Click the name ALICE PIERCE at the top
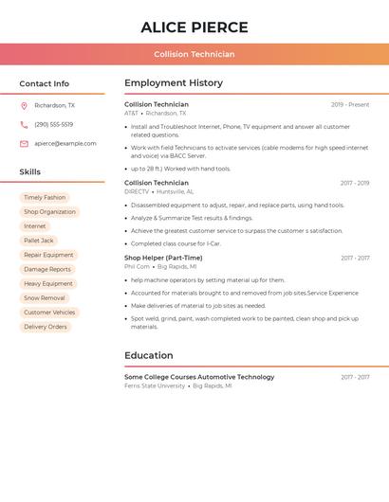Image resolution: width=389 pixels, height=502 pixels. pos(194,27)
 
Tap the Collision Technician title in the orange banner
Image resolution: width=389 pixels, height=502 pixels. pos(194,54)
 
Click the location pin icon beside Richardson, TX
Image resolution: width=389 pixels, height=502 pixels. pos(24,106)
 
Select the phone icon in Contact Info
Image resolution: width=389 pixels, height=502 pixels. pos(24,125)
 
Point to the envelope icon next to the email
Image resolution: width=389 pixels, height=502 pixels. pos(24,144)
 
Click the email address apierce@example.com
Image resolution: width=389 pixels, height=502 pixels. pos(65,144)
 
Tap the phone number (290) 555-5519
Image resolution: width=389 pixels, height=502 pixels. pos(53,125)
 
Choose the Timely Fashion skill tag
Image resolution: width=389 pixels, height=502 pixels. pos(45,198)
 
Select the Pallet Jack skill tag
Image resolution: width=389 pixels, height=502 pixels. pos(39,241)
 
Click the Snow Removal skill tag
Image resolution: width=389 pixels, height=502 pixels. pos(45,298)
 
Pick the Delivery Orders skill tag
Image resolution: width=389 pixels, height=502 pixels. pos(46,327)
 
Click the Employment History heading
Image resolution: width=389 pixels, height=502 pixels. pos(174,83)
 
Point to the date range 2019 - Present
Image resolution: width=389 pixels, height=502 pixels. pos(350,105)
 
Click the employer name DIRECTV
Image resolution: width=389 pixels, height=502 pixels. pos(137,191)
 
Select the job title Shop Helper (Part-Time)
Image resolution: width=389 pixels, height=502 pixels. pos(163,258)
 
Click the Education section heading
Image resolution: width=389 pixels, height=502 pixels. pos(149,356)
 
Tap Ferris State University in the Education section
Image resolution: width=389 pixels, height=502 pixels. pos(155,386)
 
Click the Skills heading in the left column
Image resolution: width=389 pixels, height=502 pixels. pos(30,172)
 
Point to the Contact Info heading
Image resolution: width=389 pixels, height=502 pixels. pos(45,84)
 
